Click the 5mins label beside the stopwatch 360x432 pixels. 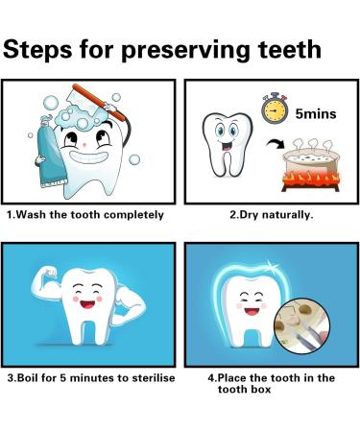pos(322,114)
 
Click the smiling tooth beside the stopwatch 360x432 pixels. pos(227,145)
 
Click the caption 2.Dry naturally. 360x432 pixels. pos(271,214)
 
